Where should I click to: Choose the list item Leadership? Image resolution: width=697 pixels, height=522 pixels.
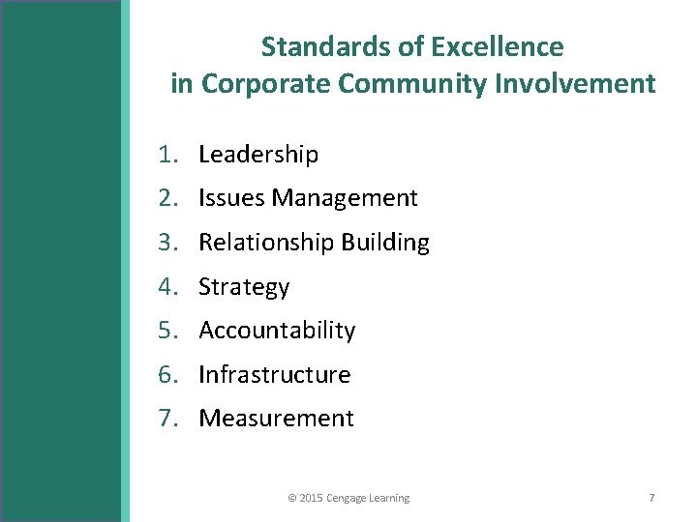tap(258, 155)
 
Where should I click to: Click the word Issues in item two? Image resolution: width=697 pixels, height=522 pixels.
tap(231, 198)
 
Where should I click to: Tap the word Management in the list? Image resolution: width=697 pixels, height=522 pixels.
tap(344, 198)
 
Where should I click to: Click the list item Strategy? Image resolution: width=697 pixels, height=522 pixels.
tap(244, 287)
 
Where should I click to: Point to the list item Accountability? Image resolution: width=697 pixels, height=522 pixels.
tap(277, 331)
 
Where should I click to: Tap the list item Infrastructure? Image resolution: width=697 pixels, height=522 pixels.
tap(274, 374)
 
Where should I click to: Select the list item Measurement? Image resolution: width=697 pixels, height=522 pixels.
tap(276, 419)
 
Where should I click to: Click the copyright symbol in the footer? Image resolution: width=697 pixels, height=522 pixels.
tap(292, 498)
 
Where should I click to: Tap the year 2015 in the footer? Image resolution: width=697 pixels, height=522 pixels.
tap(312, 498)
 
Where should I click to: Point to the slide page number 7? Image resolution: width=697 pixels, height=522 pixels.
tap(652, 498)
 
